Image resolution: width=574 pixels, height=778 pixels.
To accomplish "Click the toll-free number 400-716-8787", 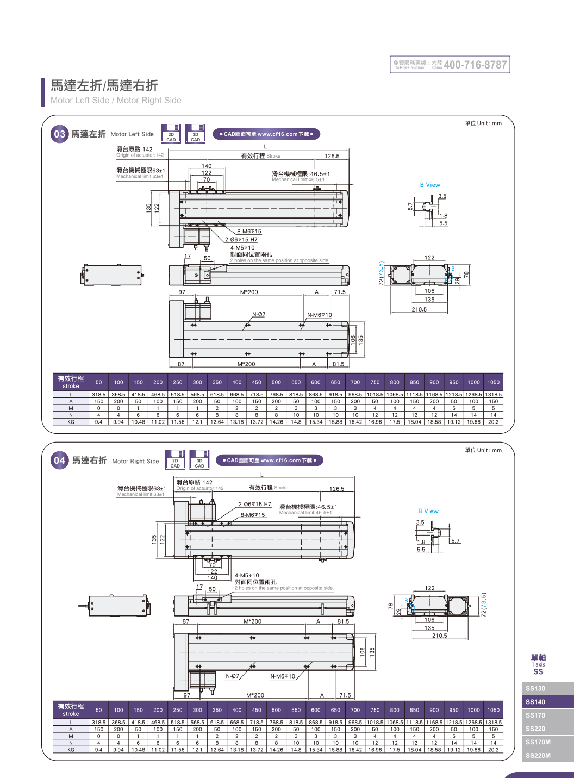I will pos(475,65).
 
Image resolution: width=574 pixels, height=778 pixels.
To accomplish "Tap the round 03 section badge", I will pos(59,134).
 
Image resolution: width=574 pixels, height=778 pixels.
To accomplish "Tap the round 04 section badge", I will pos(60,460).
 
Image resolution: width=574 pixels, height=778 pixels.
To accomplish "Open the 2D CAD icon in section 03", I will pos(171,134).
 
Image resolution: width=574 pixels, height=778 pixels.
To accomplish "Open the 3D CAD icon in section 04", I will pos(199,460).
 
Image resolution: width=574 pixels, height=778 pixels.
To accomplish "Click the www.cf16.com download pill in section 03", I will pos(266,134).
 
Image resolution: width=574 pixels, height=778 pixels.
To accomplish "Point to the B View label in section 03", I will pos(430,185).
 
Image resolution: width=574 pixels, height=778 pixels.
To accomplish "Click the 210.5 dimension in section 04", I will pos(439,636).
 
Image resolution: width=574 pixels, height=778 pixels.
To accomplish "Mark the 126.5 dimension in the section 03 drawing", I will pos(332,156).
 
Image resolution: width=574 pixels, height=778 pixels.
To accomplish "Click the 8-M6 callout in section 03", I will pos(249,232).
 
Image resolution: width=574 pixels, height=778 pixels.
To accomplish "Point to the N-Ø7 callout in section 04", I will pos(232,676).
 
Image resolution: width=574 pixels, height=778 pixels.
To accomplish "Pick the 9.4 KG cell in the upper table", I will pos(99,422).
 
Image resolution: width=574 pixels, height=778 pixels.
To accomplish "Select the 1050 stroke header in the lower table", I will pos(493,710).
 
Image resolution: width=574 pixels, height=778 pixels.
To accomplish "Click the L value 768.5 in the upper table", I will pos(276,395).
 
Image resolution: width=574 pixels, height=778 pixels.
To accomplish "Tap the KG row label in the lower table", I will pos(71,750).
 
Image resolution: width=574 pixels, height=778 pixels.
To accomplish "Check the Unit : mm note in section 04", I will pos(483,450).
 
